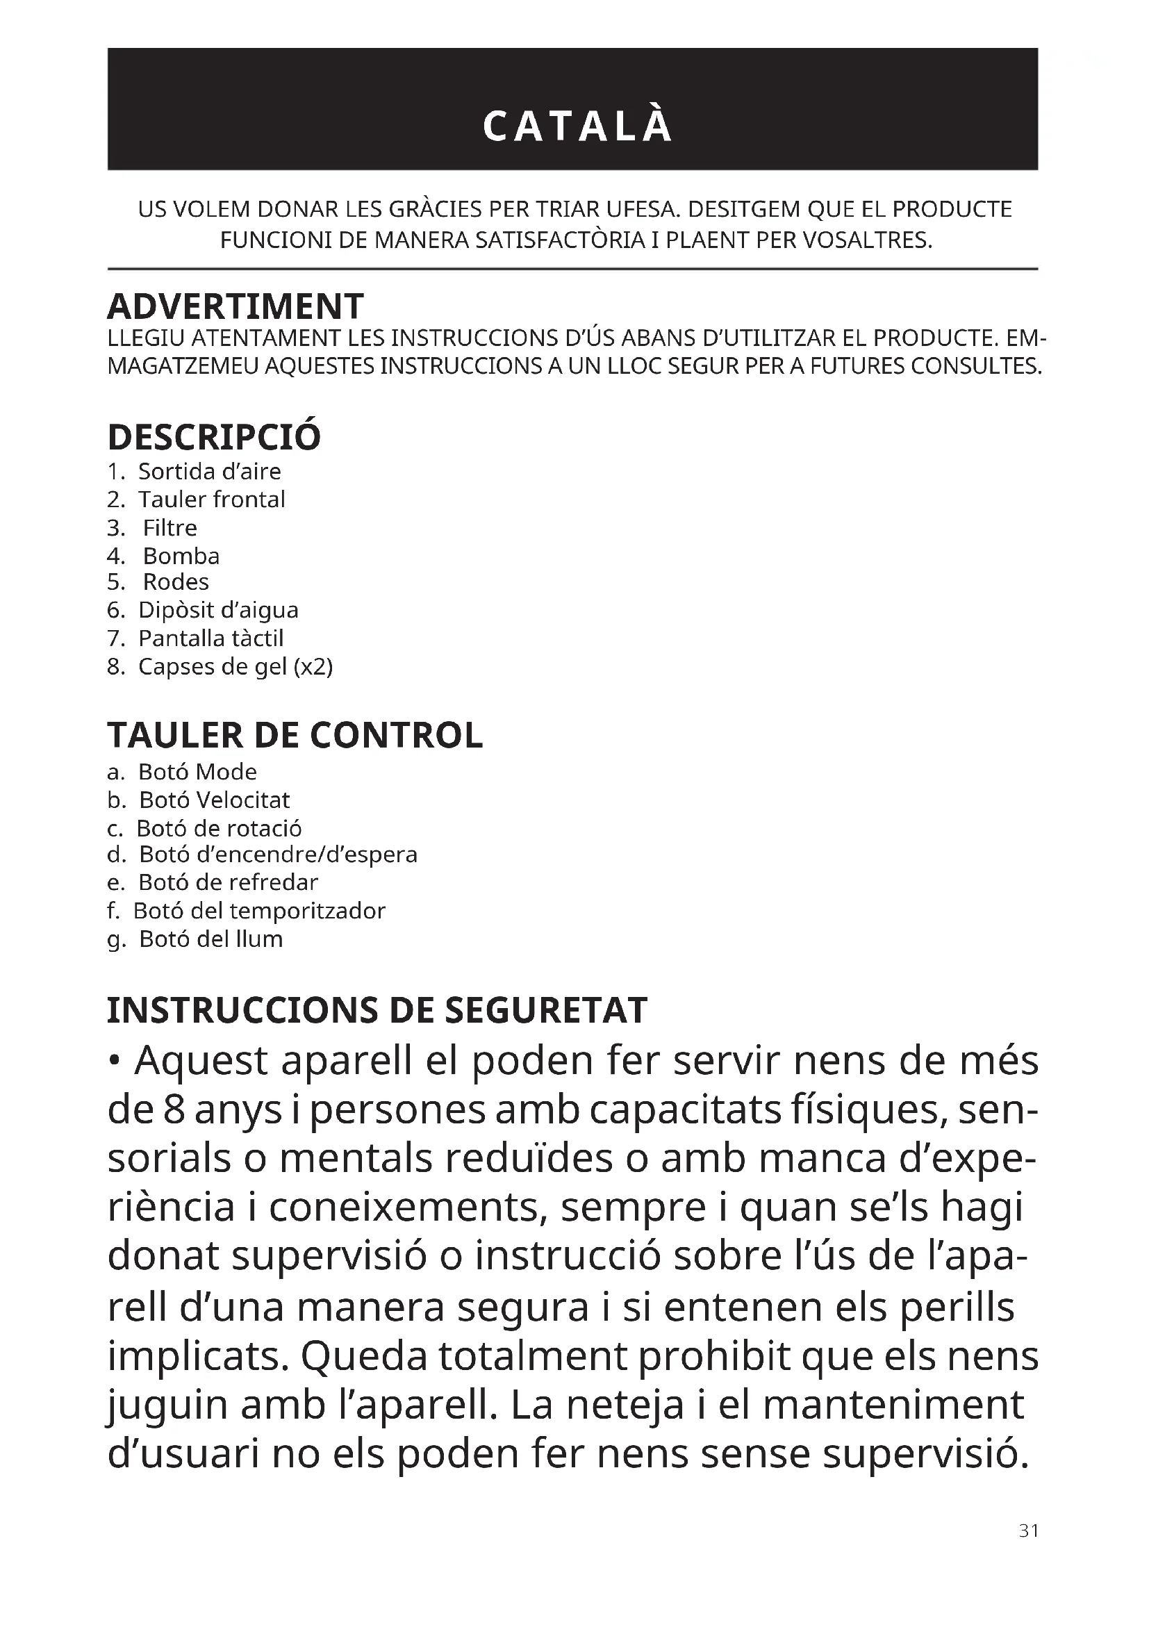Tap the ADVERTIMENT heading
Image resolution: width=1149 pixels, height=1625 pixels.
click(x=235, y=306)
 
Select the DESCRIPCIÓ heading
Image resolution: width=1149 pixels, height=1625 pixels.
click(x=214, y=437)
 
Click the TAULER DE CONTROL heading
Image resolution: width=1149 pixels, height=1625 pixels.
click(x=295, y=735)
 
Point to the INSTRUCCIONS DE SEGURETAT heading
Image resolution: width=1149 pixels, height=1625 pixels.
click(x=377, y=1010)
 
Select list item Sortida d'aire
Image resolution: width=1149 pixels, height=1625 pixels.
click(x=209, y=471)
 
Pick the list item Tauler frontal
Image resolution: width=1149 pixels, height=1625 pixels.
click(x=212, y=500)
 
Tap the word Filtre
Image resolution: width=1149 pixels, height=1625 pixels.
click(x=170, y=528)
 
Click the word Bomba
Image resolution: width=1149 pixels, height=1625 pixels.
click(x=181, y=556)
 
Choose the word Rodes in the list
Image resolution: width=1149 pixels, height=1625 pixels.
click(x=176, y=581)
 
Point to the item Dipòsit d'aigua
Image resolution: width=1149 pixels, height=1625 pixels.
click(x=218, y=610)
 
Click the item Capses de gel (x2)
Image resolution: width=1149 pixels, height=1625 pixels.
click(x=235, y=667)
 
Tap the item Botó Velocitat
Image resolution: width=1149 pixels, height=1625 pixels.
click(x=214, y=800)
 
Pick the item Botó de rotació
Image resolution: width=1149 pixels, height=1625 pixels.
click(x=219, y=828)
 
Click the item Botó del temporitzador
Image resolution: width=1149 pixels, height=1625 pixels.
click(x=259, y=911)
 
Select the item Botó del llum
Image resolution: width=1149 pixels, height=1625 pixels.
click(x=211, y=939)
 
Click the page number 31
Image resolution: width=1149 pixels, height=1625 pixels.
click(x=1029, y=1531)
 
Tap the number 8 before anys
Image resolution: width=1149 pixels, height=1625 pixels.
click(x=175, y=1111)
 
